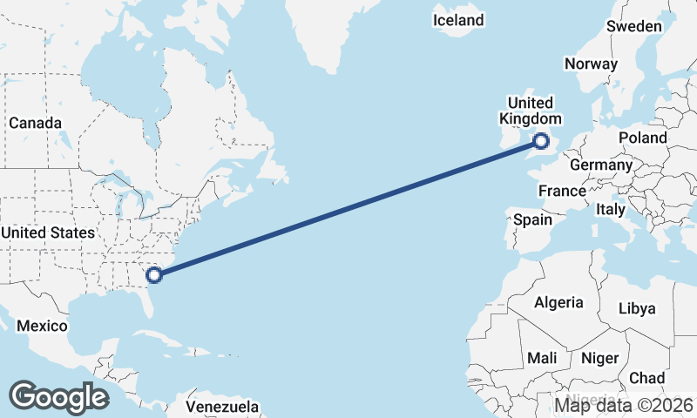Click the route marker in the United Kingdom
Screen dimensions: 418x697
542,140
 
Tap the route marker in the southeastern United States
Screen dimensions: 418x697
154,275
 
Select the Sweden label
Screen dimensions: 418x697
633,26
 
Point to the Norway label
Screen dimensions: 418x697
591,64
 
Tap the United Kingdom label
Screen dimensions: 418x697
530,111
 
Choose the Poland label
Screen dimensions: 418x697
642,138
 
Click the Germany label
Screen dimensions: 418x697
600,165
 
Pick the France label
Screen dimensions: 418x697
561,191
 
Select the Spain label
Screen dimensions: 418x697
531,219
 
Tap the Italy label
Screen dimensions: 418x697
611,210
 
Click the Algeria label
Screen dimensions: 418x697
558,302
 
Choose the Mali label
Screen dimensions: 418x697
542,358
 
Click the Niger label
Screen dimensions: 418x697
599,358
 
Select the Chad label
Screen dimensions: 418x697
646,378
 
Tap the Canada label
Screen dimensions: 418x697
35,123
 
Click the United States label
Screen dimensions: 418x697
47,233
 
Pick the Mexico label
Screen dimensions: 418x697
43,326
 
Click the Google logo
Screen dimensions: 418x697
58,396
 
